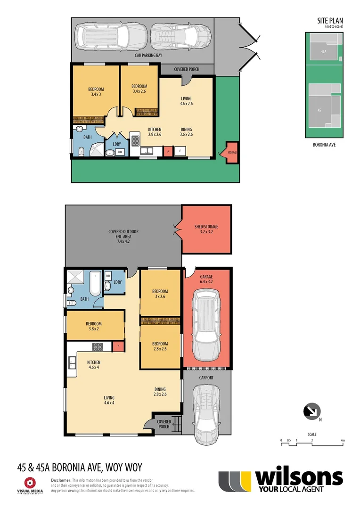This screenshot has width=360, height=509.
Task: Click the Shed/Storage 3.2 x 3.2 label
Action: tap(206, 229)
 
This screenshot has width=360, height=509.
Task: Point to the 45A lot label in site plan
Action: tap(323, 51)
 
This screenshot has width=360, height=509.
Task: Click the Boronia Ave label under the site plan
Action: tap(323, 145)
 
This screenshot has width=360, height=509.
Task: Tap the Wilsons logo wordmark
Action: tap(299, 478)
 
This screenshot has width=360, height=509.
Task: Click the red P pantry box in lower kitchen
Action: tap(119, 346)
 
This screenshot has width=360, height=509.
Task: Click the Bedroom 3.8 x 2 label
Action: tap(95, 326)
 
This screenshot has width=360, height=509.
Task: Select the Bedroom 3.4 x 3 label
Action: tap(96, 92)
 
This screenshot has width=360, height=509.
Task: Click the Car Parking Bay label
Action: tap(146, 55)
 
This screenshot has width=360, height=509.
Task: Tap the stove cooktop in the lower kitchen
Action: tap(98, 346)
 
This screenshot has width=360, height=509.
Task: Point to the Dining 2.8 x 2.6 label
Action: tap(161, 391)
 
